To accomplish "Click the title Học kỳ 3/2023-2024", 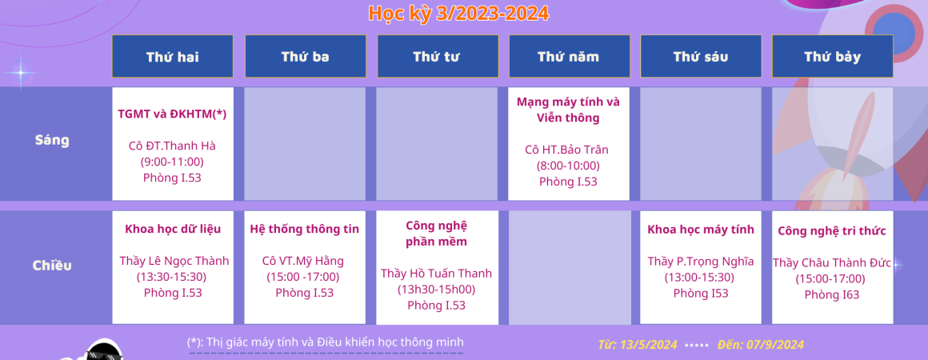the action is pyautogui.click(x=458, y=13).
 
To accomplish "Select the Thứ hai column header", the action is pyautogui.click(x=173, y=56).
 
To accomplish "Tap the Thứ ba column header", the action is pyautogui.click(x=306, y=56).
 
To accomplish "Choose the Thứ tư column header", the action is pyautogui.click(x=438, y=56).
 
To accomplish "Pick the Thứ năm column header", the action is pyautogui.click(x=569, y=56).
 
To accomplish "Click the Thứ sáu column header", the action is pyautogui.click(x=701, y=56).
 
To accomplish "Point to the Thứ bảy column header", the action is pyautogui.click(x=833, y=56).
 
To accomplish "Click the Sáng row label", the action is pyautogui.click(x=52, y=140).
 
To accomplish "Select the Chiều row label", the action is pyautogui.click(x=52, y=266).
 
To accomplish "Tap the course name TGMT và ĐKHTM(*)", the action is pyautogui.click(x=172, y=114).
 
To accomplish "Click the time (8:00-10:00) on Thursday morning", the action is pyautogui.click(x=568, y=166).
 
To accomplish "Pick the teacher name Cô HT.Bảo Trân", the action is pyautogui.click(x=567, y=150).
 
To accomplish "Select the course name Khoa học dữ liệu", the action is pyautogui.click(x=173, y=229).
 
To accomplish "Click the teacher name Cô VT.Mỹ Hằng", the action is pyautogui.click(x=303, y=261).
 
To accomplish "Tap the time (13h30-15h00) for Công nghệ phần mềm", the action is pyautogui.click(x=436, y=290).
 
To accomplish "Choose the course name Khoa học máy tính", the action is pyautogui.click(x=701, y=229).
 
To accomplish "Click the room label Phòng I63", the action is pyautogui.click(x=832, y=295).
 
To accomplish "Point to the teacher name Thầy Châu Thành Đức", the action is pyautogui.click(x=831, y=263).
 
